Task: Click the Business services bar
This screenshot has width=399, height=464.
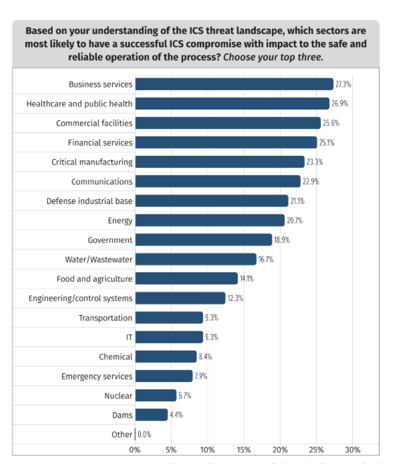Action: pos(234,84)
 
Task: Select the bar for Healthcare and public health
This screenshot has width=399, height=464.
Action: pos(232,104)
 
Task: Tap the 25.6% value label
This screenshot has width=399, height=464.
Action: pos(331,123)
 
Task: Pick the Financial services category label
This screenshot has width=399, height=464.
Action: pos(100,143)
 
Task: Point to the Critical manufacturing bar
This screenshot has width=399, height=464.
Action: pos(220,162)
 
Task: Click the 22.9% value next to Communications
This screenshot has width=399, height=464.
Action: pos(311,182)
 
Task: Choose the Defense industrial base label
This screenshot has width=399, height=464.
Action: pos(89,201)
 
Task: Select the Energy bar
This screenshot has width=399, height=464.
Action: pos(210,220)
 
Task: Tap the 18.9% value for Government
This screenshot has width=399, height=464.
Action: pos(282,240)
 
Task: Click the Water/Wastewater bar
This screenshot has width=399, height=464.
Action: pos(196,259)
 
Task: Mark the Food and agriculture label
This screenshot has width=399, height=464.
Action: pos(94,279)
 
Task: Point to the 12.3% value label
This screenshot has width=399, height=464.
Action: pos(235,298)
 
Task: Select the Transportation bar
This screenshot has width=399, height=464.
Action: pos(169,318)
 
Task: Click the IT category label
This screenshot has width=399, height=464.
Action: pos(129,337)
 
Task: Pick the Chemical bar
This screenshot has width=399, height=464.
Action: pos(166,356)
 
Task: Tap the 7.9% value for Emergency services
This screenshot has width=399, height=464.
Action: pos(201,376)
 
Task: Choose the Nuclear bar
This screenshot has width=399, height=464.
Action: pos(156,395)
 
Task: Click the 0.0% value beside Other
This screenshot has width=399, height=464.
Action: pos(144,435)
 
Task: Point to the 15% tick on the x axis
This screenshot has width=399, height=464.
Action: pos(244,450)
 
